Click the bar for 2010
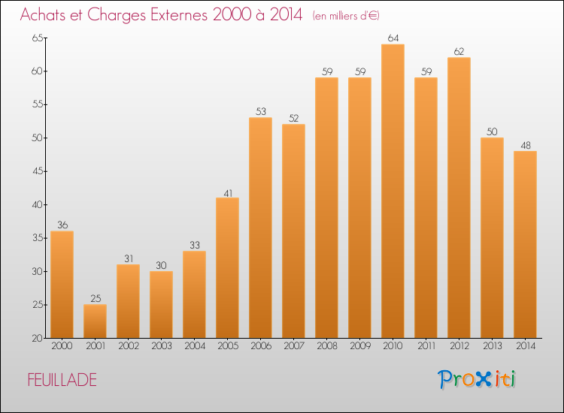(x=393, y=191)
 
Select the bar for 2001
(x=95, y=321)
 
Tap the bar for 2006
(x=260, y=228)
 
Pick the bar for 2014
(x=525, y=245)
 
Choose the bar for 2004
(x=194, y=294)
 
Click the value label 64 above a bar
(x=393, y=38)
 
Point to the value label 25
(x=95, y=298)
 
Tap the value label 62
(x=459, y=51)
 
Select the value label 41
(x=227, y=191)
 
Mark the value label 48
(x=525, y=145)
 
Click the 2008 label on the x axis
(x=326, y=346)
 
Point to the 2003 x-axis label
(x=161, y=346)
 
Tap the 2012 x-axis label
(x=459, y=346)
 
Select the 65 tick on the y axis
(x=36, y=38)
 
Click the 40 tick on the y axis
(x=36, y=205)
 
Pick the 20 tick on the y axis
(x=36, y=338)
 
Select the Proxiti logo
(x=478, y=379)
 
